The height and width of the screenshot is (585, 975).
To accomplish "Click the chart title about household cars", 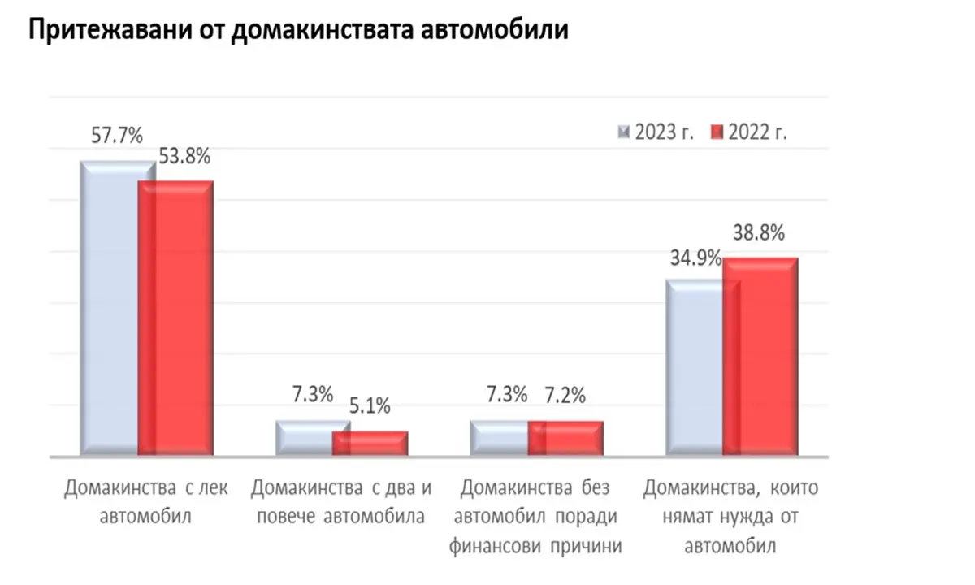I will (x=297, y=32).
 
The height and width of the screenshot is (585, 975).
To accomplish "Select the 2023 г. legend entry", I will (x=656, y=132).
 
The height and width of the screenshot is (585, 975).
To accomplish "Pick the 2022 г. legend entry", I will (x=749, y=132).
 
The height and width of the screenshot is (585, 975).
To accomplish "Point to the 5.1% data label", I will (x=370, y=404).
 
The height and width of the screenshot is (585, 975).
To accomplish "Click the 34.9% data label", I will (x=696, y=258).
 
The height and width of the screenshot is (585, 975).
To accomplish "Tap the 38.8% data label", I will (x=759, y=234).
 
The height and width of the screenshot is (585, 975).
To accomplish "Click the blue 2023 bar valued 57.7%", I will (x=109, y=309).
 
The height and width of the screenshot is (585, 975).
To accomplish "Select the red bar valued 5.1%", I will (x=371, y=443).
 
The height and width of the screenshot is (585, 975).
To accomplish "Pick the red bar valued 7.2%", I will (x=566, y=438).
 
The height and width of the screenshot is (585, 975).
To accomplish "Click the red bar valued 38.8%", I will (x=760, y=357).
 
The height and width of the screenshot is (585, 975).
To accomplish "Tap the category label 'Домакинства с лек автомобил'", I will (x=147, y=502).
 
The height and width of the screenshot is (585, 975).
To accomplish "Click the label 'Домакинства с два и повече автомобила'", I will (x=341, y=502).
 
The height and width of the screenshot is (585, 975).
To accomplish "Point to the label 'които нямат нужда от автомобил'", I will (x=731, y=517).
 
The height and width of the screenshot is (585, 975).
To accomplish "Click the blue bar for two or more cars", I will (x=304, y=439).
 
